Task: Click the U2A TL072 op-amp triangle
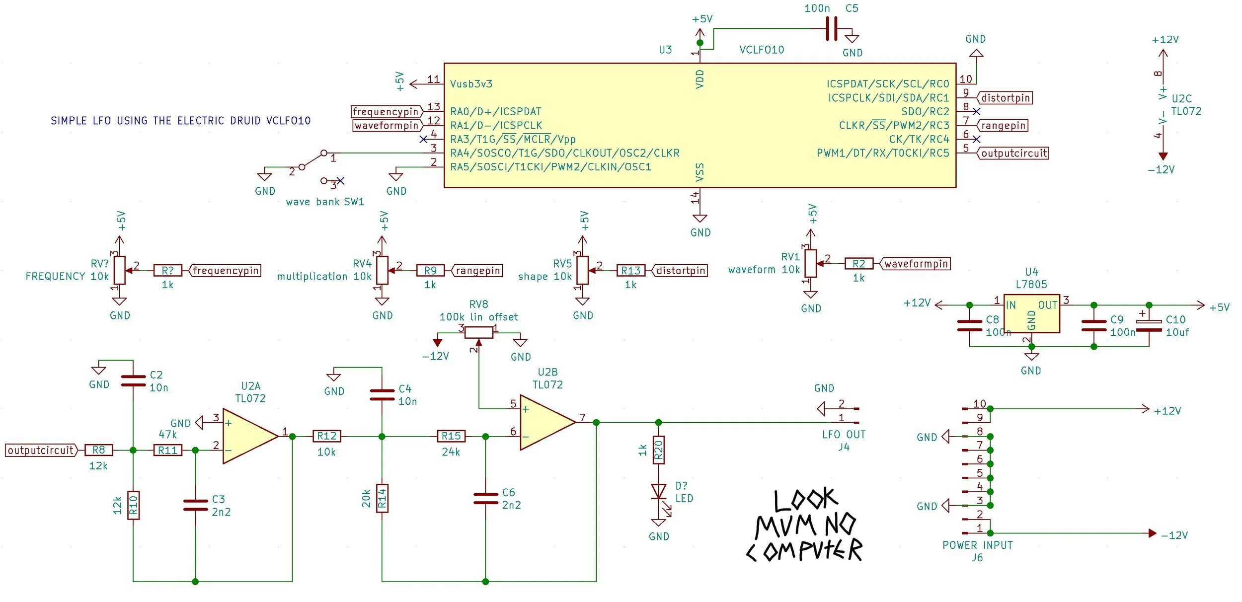click(x=248, y=436)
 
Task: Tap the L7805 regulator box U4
click(x=1031, y=313)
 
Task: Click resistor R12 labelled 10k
click(x=326, y=436)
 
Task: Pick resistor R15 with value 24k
click(x=451, y=436)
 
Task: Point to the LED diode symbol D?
click(x=658, y=492)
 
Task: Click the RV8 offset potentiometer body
click(x=478, y=332)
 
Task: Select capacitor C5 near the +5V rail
click(x=831, y=29)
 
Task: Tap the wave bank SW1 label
click(x=325, y=202)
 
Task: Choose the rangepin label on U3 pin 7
click(x=1003, y=126)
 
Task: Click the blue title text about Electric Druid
click(x=180, y=121)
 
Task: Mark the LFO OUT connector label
click(x=844, y=435)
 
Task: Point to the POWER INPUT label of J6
click(x=977, y=545)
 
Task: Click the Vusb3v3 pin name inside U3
click(x=471, y=84)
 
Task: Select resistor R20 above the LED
click(x=658, y=450)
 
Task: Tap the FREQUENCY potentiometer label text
click(x=56, y=276)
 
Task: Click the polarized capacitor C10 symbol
click(x=1149, y=326)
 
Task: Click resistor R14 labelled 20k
click(x=382, y=498)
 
